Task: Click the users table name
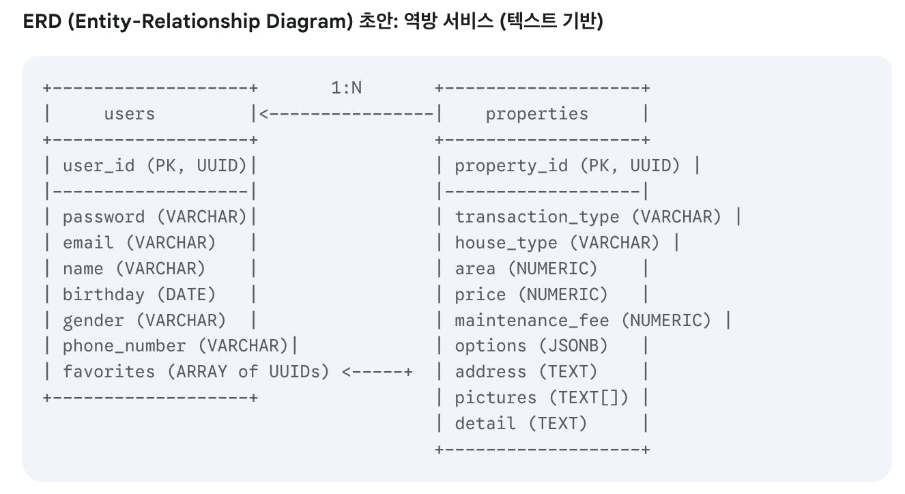coord(129,114)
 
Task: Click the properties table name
coord(536,114)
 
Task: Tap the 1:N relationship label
coord(346,88)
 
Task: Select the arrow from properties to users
coord(346,114)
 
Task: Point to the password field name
coord(104,217)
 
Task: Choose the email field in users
coord(88,243)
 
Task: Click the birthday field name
coord(104,295)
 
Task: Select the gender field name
coord(94,321)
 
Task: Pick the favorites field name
coord(109,372)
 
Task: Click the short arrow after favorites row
coord(377,372)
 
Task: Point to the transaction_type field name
coord(537,217)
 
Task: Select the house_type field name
coord(506,243)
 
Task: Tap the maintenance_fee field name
coord(532,321)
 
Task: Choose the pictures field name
coord(495,398)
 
